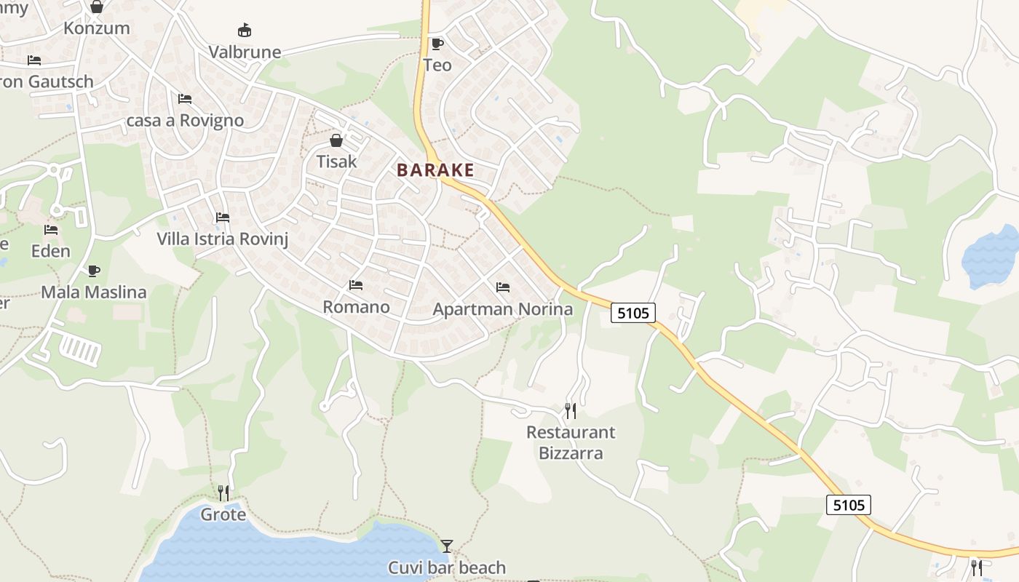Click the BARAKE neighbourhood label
[x=435, y=170]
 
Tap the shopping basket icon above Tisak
[x=336, y=140]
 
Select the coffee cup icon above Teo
[x=437, y=44]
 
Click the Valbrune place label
[x=245, y=52]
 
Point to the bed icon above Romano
[x=356, y=285]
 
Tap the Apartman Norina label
[x=502, y=309]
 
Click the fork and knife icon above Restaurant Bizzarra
[x=571, y=411]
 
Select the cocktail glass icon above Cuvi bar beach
[x=447, y=546]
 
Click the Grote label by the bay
[x=223, y=515]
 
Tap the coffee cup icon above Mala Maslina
[x=93, y=271]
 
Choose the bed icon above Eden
[x=51, y=230]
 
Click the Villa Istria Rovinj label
[x=222, y=239]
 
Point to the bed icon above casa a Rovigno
[x=185, y=99]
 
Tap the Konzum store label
[x=97, y=28]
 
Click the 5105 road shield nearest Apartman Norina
[x=633, y=313]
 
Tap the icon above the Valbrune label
[x=245, y=31]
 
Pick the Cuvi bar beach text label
[x=447, y=567]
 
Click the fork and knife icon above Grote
[x=223, y=493]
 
